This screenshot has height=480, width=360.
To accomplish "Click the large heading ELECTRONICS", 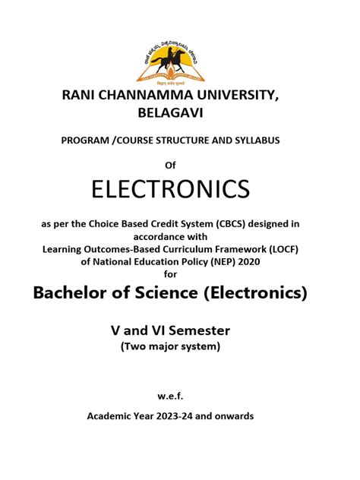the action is click(x=180, y=190).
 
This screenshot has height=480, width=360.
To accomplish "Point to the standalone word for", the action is click(x=180, y=271).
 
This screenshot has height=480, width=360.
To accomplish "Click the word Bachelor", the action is click(x=74, y=294).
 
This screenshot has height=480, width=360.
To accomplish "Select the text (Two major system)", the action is click(x=180, y=346).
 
